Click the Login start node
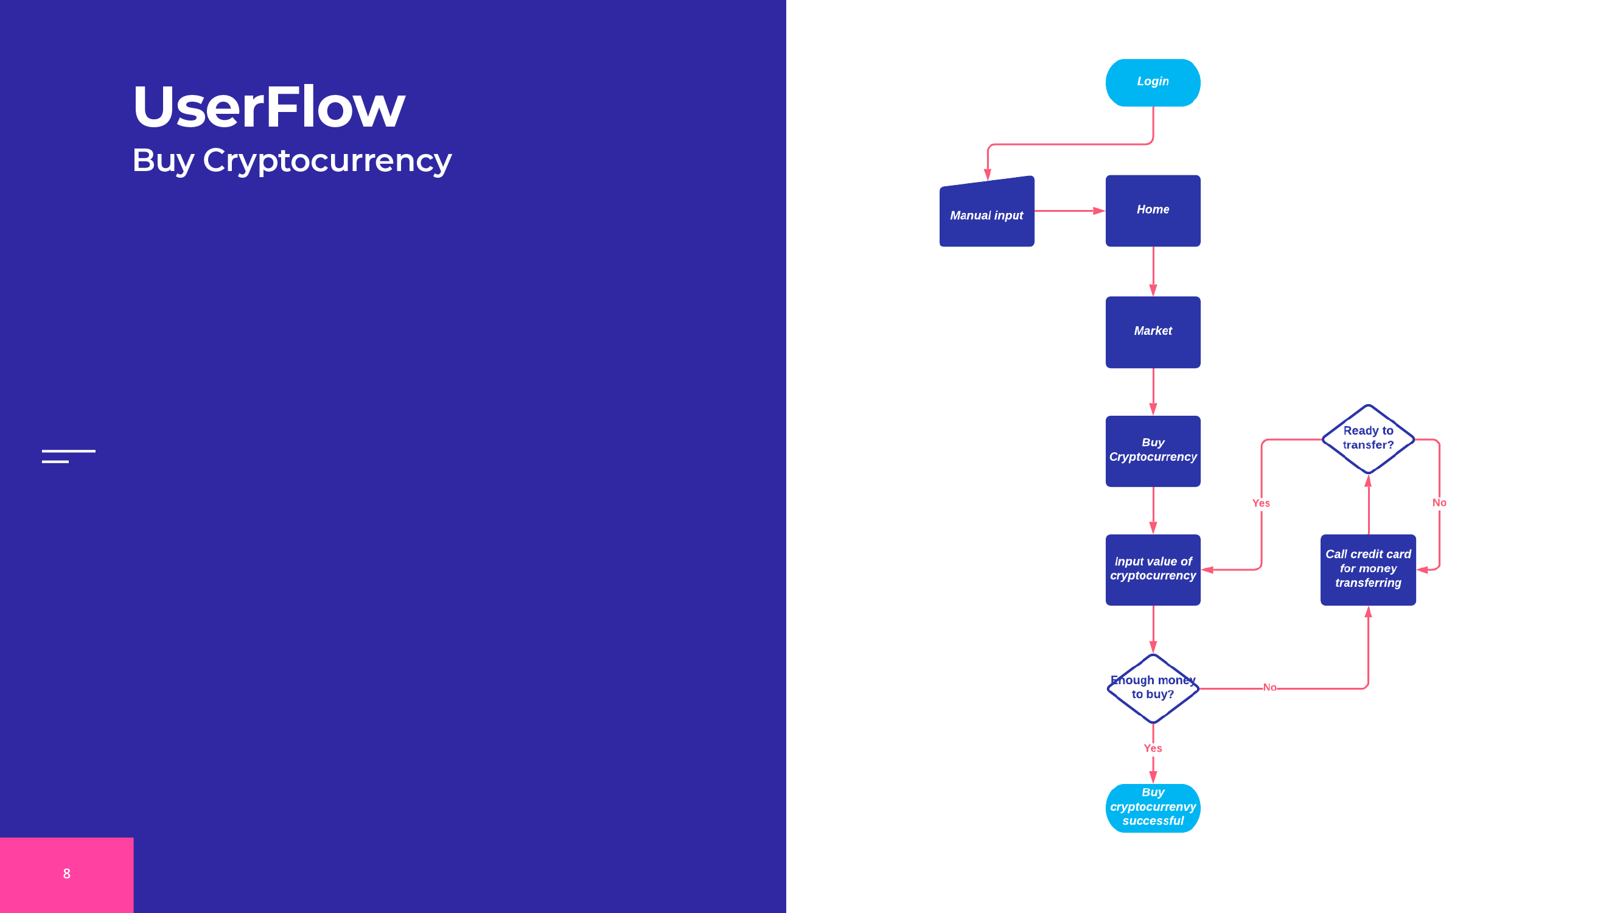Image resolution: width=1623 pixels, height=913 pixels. click(1153, 83)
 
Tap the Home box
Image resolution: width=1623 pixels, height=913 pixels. click(1153, 211)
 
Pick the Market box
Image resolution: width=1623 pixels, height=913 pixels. click(1153, 332)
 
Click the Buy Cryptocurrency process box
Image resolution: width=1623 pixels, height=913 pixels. click(1153, 450)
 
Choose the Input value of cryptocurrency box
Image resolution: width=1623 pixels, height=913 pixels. click(1153, 569)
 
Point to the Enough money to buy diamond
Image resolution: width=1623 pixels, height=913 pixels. click(1153, 688)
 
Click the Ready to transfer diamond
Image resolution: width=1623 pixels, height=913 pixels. click(1368, 438)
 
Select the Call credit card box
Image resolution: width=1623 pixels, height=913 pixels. click(1368, 569)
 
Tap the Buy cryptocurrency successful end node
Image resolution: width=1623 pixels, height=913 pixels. click(1153, 807)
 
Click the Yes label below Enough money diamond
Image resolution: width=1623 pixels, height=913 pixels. click(1153, 748)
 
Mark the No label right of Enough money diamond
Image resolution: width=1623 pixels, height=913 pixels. click(1269, 687)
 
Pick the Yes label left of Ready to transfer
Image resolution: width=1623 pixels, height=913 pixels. click(1261, 503)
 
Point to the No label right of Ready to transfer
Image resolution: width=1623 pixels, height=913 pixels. click(1439, 502)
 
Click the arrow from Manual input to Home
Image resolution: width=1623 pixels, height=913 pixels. click(1069, 211)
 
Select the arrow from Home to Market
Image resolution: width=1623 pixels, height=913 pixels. click(1153, 271)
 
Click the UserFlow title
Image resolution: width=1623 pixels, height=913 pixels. click(269, 107)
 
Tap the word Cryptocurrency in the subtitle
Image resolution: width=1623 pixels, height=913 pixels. click(327, 161)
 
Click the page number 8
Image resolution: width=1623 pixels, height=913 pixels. click(67, 873)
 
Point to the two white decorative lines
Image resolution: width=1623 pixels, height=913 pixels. click(68, 456)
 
